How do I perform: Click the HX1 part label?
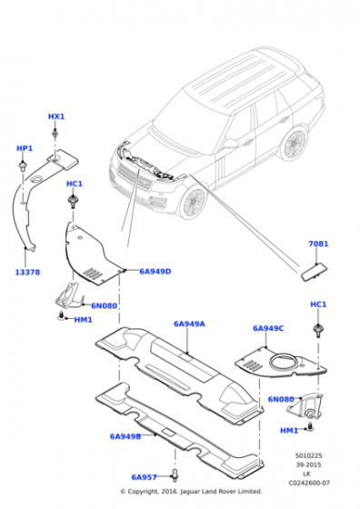coord(56,117)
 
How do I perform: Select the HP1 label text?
coord(25,148)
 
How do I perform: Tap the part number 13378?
coord(27,272)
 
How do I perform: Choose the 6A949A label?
coord(189,323)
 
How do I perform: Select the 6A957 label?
coord(144,476)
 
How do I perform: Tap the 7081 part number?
coord(318,245)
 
